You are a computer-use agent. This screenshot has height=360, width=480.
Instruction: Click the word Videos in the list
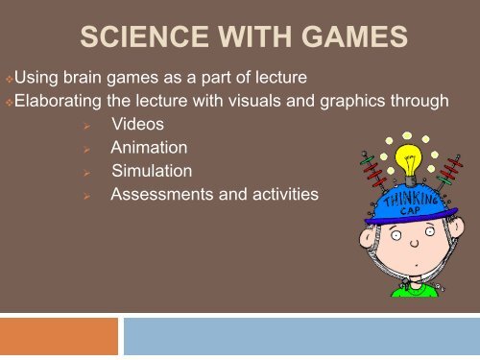click(136, 126)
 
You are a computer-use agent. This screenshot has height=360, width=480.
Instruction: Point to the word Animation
click(149, 149)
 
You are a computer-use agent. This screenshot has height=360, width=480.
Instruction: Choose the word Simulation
click(152, 172)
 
